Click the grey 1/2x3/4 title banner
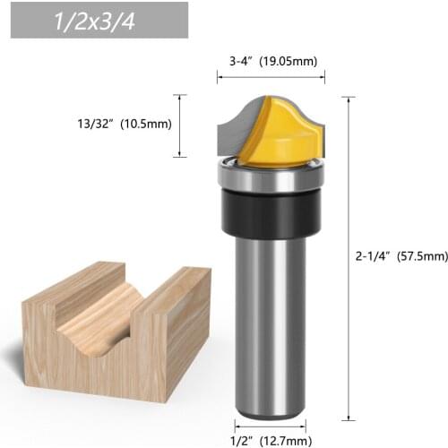[x=99, y=21]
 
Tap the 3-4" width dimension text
[x=236, y=62]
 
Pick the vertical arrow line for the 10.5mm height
[x=184, y=125]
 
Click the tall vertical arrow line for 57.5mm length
[x=346, y=255]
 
